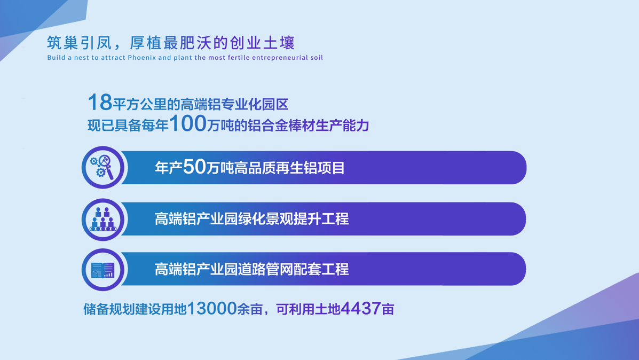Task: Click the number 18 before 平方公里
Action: coord(100,103)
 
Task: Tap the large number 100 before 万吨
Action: coord(187,123)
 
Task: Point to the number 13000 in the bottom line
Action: coord(212,309)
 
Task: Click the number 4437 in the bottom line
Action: coord(361,309)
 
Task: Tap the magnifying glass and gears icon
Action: coord(102,167)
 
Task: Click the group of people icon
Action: coord(102,220)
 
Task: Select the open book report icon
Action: coord(102,270)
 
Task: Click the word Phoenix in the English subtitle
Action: coord(142,58)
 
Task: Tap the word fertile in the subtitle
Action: coord(239,58)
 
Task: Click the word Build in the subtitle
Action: coord(56,58)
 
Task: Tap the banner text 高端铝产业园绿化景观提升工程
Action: coord(252,219)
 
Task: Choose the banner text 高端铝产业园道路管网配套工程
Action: coord(252,269)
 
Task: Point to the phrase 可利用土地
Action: coord(308,309)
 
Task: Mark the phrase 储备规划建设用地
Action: coord(135,309)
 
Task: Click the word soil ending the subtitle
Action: coord(317,58)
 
